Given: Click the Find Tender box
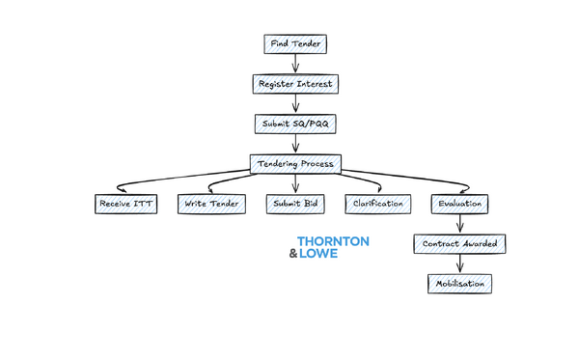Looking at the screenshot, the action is coord(295,44).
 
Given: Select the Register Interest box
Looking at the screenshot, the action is coord(295,84).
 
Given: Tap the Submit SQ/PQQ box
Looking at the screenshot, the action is coord(295,124).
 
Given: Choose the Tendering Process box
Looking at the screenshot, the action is coord(295,163).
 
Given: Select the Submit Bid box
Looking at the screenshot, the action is coord(295,204).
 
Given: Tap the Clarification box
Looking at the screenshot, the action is coord(378,204).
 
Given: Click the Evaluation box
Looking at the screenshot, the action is coord(460,204).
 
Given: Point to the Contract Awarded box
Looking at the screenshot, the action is coord(460,243).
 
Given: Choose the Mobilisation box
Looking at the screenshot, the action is coord(460,284).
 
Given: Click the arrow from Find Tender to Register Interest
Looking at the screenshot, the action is coord(295,64).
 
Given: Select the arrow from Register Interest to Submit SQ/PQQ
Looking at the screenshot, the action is coord(295,103).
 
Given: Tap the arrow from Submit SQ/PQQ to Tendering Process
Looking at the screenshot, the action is coord(295,143).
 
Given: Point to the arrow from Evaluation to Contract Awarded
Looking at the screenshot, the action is coord(460,223).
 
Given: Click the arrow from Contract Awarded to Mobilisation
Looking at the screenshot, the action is coord(460,263).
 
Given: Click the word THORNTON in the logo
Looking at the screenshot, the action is coord(333,241).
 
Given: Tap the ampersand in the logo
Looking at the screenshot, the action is coord(293,255).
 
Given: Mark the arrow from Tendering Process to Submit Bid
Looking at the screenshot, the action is coord(295,183).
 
